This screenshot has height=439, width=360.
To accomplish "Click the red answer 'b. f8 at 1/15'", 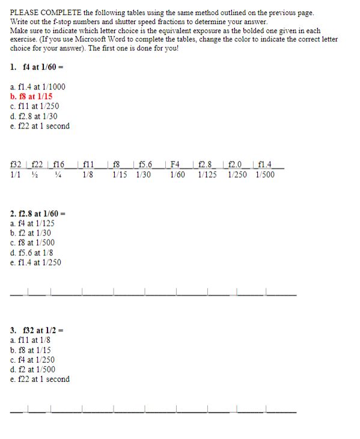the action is tap(31, 96).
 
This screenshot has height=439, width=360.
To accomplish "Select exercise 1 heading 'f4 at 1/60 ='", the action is tap(43, 67).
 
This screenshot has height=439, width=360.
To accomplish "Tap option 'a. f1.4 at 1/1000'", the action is tap(38, 86).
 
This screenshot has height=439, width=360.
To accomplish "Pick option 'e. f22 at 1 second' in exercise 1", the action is tap(40, 126).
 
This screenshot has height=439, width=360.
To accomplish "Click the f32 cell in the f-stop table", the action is tap(17, 164).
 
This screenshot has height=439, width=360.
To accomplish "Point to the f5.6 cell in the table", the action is tap(145, 164).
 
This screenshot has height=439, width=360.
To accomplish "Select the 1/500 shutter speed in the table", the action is tap(264, 175).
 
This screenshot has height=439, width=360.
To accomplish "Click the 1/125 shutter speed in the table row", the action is tap(207, 175).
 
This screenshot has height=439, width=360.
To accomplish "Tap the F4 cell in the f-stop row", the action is tap(176, 164).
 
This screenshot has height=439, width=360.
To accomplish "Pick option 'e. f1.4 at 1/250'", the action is tap(36, 262).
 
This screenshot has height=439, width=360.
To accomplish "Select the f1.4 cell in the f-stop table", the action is tap(264, 164).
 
